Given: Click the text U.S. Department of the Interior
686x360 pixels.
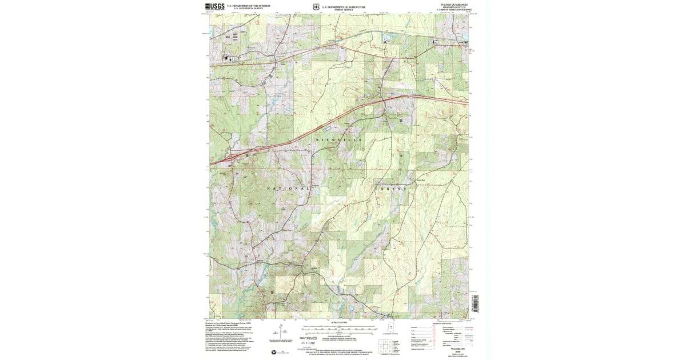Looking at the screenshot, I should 248,6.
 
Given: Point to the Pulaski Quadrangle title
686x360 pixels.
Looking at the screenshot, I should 454,6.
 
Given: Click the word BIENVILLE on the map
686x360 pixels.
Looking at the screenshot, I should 340,140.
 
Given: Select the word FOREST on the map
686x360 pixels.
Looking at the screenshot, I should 392,188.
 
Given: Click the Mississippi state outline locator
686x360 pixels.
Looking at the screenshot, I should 392,331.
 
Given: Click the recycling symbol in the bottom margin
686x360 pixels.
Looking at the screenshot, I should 274,352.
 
